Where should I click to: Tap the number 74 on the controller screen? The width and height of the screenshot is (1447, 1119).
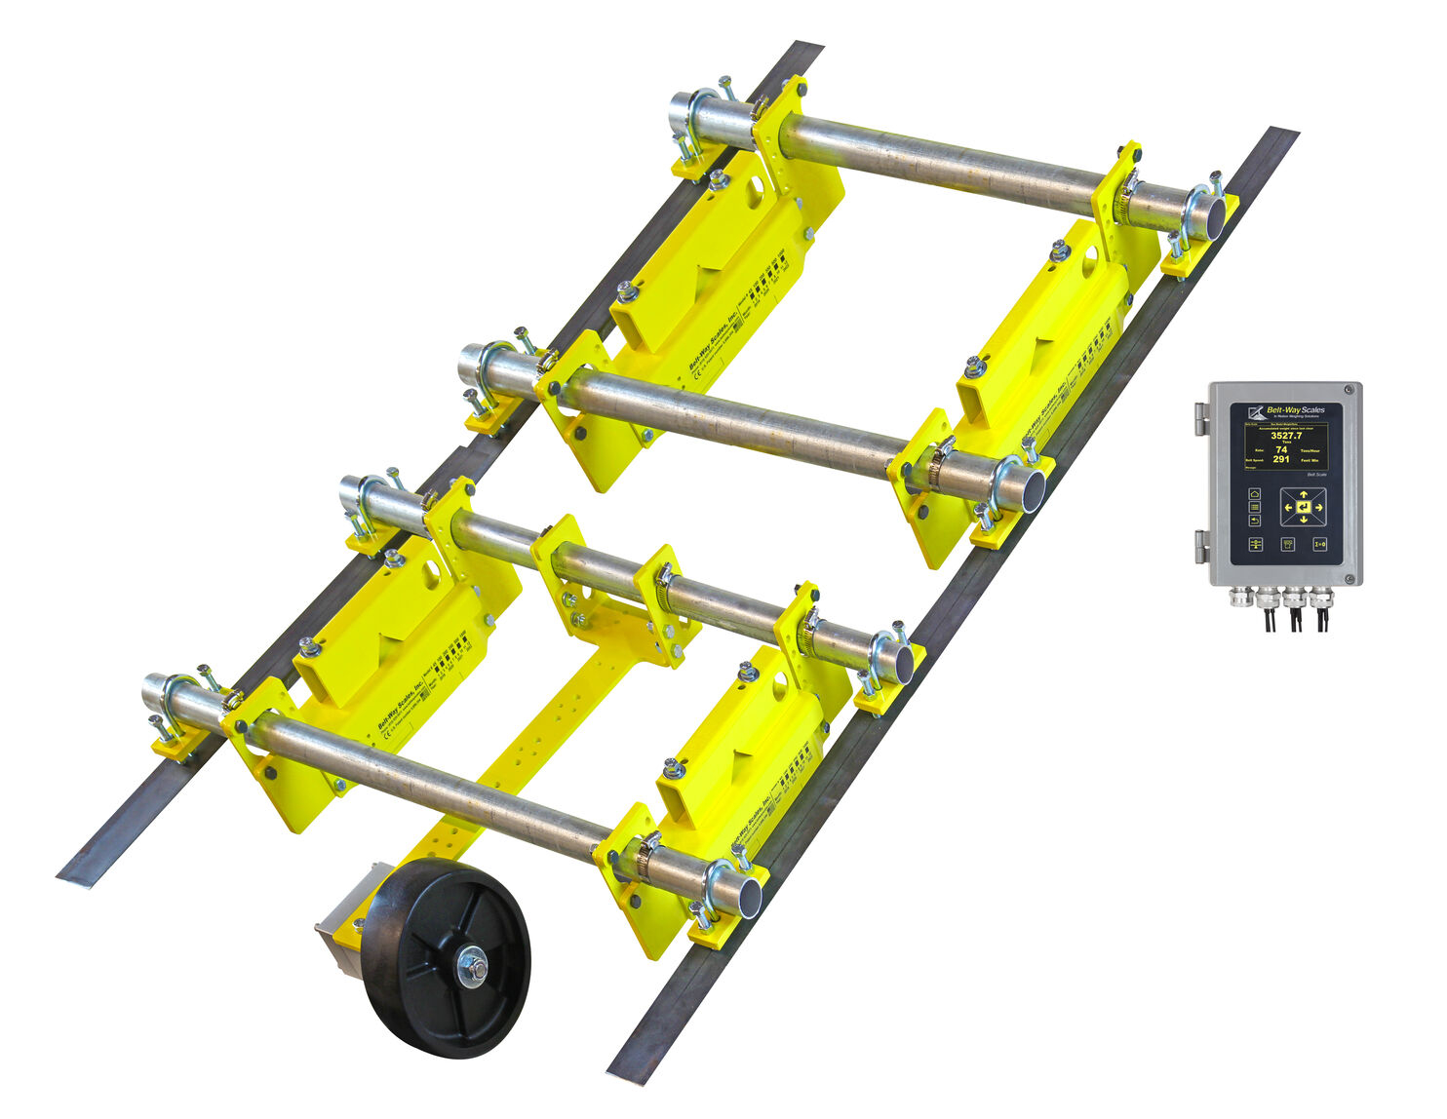[1281, 449]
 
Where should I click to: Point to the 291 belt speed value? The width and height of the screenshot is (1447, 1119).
[1281, 459]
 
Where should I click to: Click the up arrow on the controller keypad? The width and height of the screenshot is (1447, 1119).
[1304, 494]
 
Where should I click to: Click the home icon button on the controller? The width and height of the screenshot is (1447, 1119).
[1255, 494]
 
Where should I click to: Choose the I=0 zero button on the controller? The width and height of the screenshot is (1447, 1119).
[1319, 544]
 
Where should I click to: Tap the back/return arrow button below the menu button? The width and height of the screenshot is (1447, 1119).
[1255, 521]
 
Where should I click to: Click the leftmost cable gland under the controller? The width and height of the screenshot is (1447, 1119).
[1240, 596]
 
